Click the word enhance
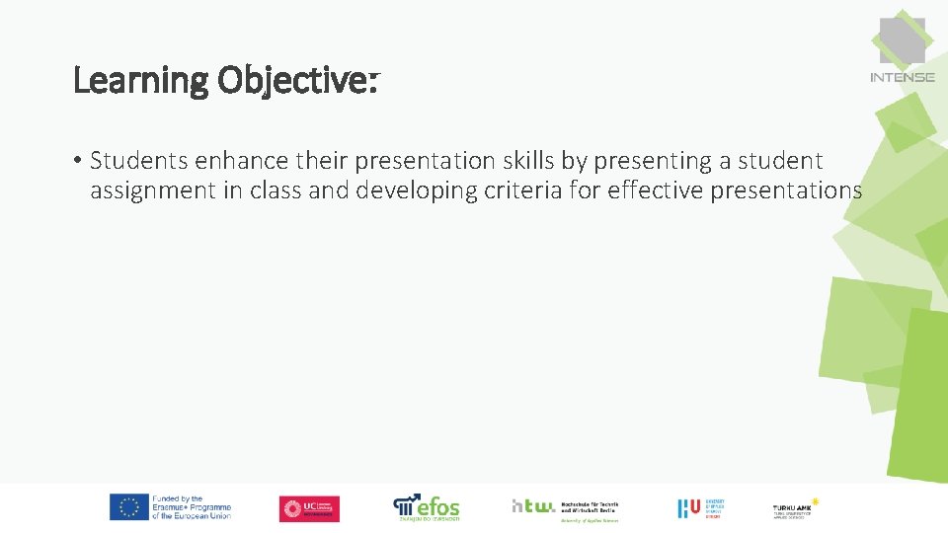click(226, 160)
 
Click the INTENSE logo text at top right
click(902, 77)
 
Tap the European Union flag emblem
click(128, 507)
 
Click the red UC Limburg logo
click(309, 508)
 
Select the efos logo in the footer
click(427, 506)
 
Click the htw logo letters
click(533, 505)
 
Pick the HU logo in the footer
click(688, 507)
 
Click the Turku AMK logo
click(794, 508)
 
